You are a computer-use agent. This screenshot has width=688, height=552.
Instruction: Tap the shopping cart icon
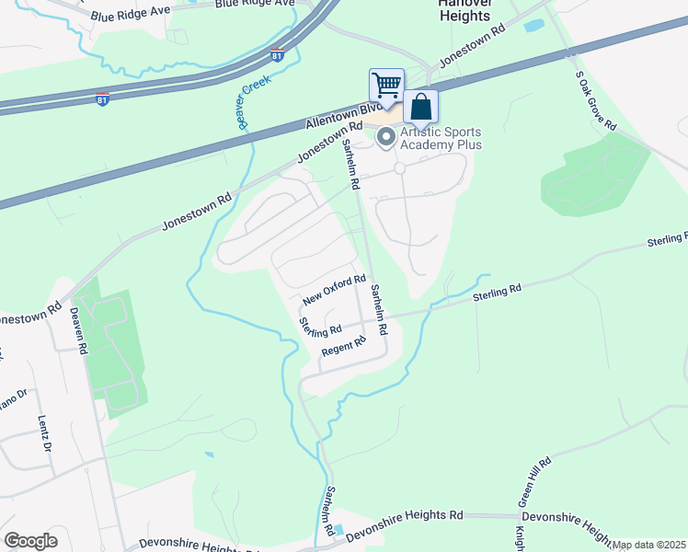click(387, 86)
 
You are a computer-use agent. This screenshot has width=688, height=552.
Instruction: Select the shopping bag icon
click(420, 107)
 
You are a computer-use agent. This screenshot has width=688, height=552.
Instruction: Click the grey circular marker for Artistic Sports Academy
click(386, 138)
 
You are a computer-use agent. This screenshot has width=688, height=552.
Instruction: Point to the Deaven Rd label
click(77, 330)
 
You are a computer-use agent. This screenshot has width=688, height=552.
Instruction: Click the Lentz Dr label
click(44, 433)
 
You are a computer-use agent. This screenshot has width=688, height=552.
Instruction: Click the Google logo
click(30, 541)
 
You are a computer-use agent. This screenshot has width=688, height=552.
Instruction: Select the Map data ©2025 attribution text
click(648, 545)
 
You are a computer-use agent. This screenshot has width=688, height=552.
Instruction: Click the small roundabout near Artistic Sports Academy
click(400, 168)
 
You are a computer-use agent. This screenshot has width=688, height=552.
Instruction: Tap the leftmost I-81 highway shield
click(103, 97)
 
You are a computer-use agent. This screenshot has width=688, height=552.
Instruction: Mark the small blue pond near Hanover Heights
click(533, 26)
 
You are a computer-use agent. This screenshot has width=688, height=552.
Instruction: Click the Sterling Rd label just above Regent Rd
click(320, 327)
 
